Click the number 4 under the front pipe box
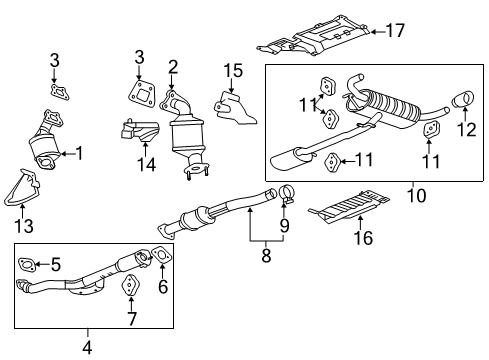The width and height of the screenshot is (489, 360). tap(88, 346)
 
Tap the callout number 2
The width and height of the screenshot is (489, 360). tap(172, 67)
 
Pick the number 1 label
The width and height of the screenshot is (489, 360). tap(79, 153)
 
